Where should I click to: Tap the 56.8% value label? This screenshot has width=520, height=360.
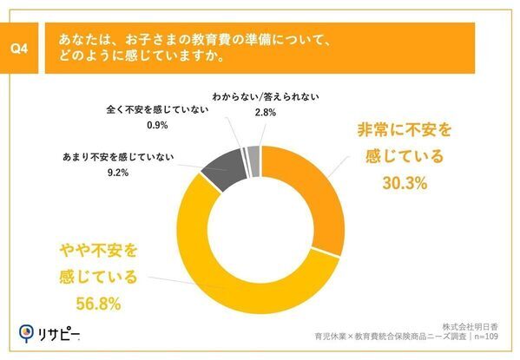[x=97, y=304]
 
